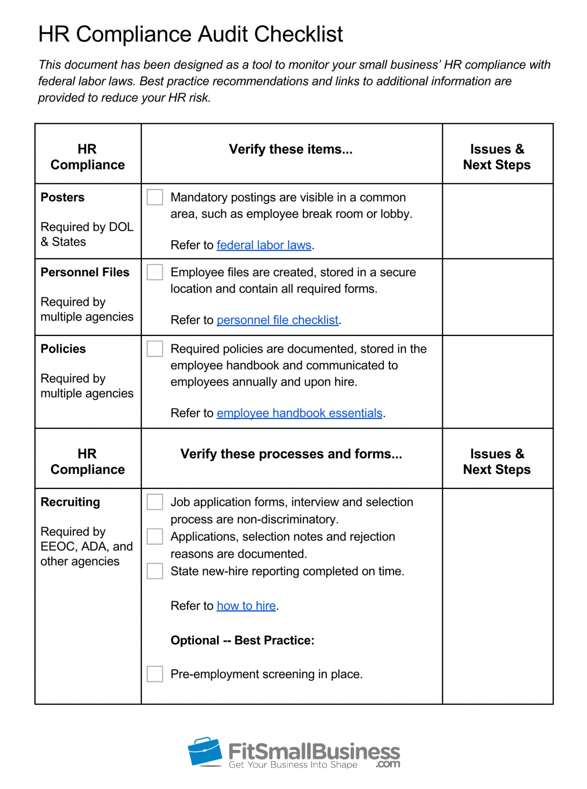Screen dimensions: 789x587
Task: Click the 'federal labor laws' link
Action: click(264, 245)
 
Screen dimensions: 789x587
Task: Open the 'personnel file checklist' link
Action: click(277, 320)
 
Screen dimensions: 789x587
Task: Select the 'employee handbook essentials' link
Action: click(299, 413)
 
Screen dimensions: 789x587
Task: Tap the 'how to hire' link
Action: click(246, 605)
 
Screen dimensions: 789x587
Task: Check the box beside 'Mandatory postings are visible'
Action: click(155, 197)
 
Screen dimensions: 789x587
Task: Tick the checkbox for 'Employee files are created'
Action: click(155, 272)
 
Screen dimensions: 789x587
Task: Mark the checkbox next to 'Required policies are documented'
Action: click(155, 349)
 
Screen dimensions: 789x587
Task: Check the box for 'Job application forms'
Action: click(155, 502)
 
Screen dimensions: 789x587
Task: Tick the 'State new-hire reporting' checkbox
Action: click(155, 571)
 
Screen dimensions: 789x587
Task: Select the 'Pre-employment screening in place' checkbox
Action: click(155, 674)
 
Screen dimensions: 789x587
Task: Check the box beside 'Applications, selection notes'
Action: click(155, 536)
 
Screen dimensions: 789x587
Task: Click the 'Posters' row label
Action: click(62, 197)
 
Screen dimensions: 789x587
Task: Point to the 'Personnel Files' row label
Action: click(85, 272)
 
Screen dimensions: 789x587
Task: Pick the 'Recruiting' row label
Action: click(70, 502)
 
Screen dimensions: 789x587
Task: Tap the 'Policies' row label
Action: click(63, 349)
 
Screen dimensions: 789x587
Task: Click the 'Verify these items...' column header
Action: click(290, 149)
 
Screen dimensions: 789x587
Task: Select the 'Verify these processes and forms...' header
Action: click(291, 454)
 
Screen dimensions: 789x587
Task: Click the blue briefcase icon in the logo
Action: click(205, 752)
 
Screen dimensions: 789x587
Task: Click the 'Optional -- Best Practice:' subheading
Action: click(242, 640)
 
